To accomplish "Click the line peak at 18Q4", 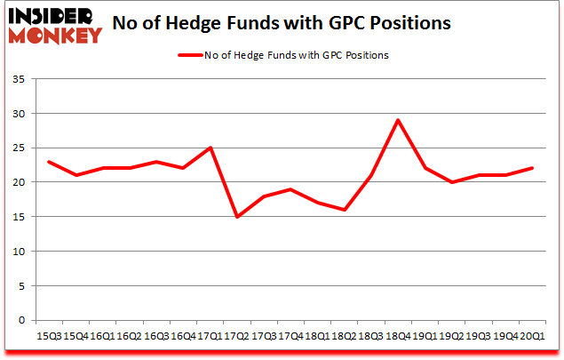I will point(399,120).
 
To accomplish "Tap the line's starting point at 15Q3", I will point(49,162).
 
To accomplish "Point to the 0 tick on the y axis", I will point(24,320).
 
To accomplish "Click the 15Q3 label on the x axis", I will point(49,336).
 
